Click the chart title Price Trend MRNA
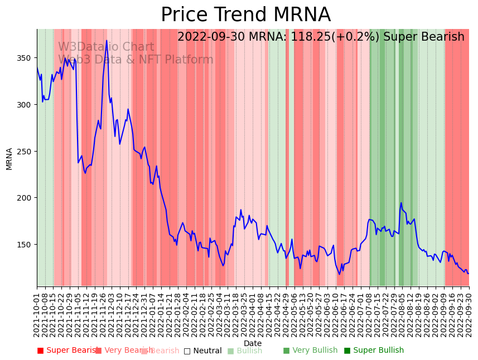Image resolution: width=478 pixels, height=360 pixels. (x=245, y=15)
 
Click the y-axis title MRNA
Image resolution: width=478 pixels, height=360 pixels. (x=9, y=158)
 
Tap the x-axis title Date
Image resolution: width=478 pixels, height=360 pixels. (x=253, y=343)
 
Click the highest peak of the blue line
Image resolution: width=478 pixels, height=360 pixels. (x=107, y=41)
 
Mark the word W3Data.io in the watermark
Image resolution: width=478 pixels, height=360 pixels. (x=84, y=47)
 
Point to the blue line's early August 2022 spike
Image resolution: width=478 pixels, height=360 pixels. (x=401, y=203)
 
